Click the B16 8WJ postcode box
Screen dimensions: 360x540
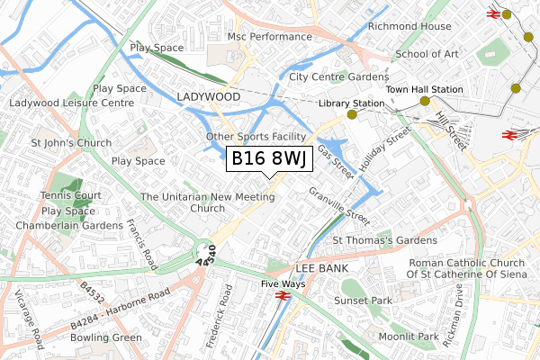pos(270,159)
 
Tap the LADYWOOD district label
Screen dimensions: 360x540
pos(209,96)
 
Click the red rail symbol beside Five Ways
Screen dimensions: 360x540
pos(281,295)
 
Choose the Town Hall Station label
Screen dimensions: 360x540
pos(425,90)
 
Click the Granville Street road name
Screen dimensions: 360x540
pos(339,206)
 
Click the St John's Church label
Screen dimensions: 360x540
pos(71,143)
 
